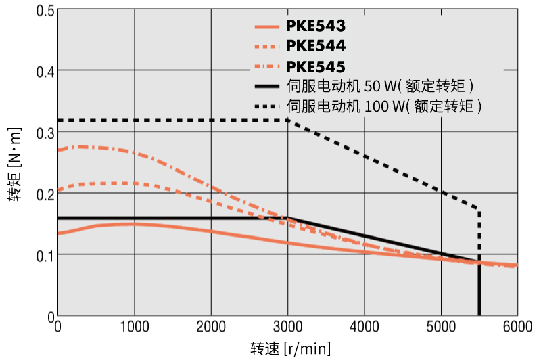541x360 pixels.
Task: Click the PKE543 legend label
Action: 316,27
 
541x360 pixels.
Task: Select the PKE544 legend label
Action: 316,47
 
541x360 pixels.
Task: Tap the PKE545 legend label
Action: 316,66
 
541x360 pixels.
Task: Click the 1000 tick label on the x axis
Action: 135,327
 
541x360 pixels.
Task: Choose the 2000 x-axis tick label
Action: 211,327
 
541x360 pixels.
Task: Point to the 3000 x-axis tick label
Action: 287,327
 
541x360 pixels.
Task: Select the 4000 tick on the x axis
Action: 364,327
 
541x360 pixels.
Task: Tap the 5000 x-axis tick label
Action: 441,327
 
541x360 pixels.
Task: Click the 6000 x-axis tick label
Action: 517,327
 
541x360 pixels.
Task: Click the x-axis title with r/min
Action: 291,348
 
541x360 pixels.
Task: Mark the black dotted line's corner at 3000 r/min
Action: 288,120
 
